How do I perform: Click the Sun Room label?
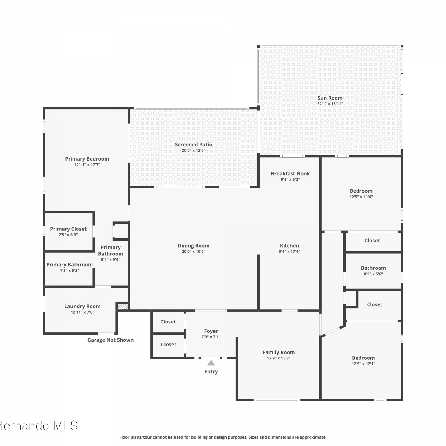[330, 98]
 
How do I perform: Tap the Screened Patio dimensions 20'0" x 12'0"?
[194, 150]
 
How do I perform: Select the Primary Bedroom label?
[87, 159]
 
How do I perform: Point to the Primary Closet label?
[68, 229]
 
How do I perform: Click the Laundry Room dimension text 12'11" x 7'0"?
[82, 312]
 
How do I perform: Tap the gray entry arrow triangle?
[211, 363]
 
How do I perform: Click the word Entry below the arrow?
[211, 372]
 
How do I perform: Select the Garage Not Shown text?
[110, 340]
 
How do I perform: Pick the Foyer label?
[211, 331]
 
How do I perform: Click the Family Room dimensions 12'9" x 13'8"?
[279, 358]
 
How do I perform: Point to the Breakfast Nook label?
[290, 174]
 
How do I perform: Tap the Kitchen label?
[289, 246]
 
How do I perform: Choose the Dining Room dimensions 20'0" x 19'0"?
[194, 252]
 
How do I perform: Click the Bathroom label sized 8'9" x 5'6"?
[373, 268]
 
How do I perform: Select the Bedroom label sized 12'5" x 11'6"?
[361, 191]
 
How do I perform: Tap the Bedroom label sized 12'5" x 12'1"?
[363, 358]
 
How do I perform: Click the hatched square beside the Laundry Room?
[123, 307]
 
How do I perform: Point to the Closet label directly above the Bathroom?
[372, 241]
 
